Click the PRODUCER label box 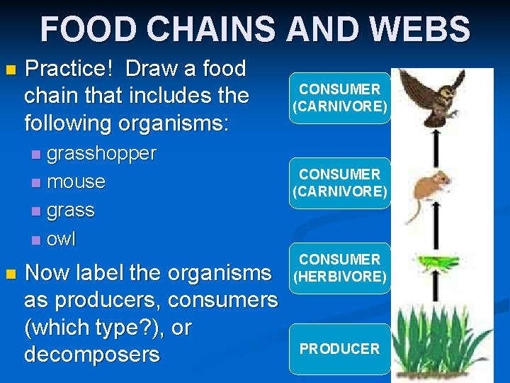pos(339,349)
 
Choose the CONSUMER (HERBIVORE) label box pos(339,268)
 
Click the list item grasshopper pos(101,153)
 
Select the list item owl pos(61,239)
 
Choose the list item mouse pos(76,182)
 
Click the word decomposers pos(92,355)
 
